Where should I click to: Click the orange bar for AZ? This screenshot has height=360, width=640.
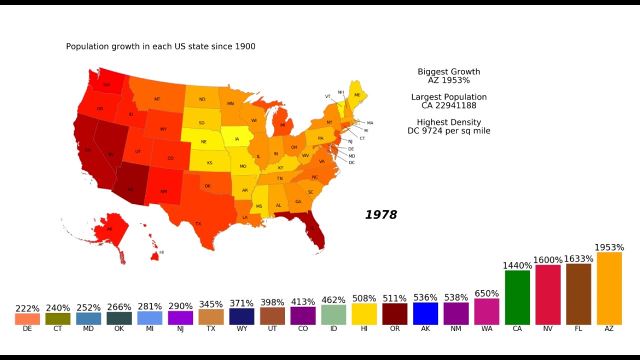click(x=609, y=288)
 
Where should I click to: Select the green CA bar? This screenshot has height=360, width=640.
click(x=517, y=297)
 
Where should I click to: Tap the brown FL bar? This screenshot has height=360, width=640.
click(x=578, y=294)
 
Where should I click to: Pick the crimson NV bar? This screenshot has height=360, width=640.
click(x=547, y=294)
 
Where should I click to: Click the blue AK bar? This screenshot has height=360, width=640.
click(x=425, y=313)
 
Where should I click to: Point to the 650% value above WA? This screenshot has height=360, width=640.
click(x=486, y=293)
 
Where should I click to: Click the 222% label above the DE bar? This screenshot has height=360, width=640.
click(x=27, y=308)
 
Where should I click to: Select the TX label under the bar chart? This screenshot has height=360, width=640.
click(x=211, y=329)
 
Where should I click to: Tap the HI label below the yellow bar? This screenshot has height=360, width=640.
click(x=364, y=329)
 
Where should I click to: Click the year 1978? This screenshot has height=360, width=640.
click(x=381, y=215)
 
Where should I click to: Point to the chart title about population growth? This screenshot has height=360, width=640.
click(x=160, y=46)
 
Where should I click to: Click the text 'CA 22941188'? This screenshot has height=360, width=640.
click(x=448, y=105)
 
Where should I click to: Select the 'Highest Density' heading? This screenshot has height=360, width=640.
click(x=448, y=122)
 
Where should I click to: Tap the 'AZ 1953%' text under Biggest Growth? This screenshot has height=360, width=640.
click(x=448, y=80)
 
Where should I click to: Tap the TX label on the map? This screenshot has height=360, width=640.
click(x=198, y=223)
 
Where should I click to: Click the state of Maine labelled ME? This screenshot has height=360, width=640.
click(x=357, y=94)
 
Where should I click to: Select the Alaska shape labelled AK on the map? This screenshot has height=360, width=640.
click(x=110, y=228)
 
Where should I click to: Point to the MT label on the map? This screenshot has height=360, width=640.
click(x=157, y=99)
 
